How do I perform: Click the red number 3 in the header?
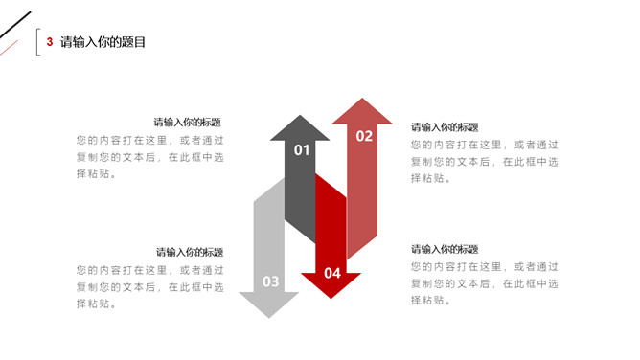click(x=50, y=41)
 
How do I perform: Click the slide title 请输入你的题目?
click(x=103, y=41)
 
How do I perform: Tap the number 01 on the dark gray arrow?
click(x=302, y=150)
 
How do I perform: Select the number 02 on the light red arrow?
click(x=364, y=136)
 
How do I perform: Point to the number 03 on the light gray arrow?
click(x=270, y=281)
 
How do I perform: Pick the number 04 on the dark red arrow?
click(x=332, y=273)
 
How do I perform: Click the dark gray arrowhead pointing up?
click(x=300, y=128)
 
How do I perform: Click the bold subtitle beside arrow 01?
click(x=188, y=122)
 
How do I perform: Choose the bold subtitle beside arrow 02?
click(x=445, y=127)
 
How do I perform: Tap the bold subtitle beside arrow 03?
click(x=190, y=252)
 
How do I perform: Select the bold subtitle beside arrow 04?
click(x=445, y=249)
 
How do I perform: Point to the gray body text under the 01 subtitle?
click(x=150, y=157)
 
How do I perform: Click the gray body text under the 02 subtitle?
click(x=485, y=162)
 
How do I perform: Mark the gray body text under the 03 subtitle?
click(x=150, y=287)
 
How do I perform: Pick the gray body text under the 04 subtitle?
click(x=485, y=283)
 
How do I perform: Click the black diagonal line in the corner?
click(x=15, y=25)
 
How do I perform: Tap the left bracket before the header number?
click(x=37, y=41)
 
